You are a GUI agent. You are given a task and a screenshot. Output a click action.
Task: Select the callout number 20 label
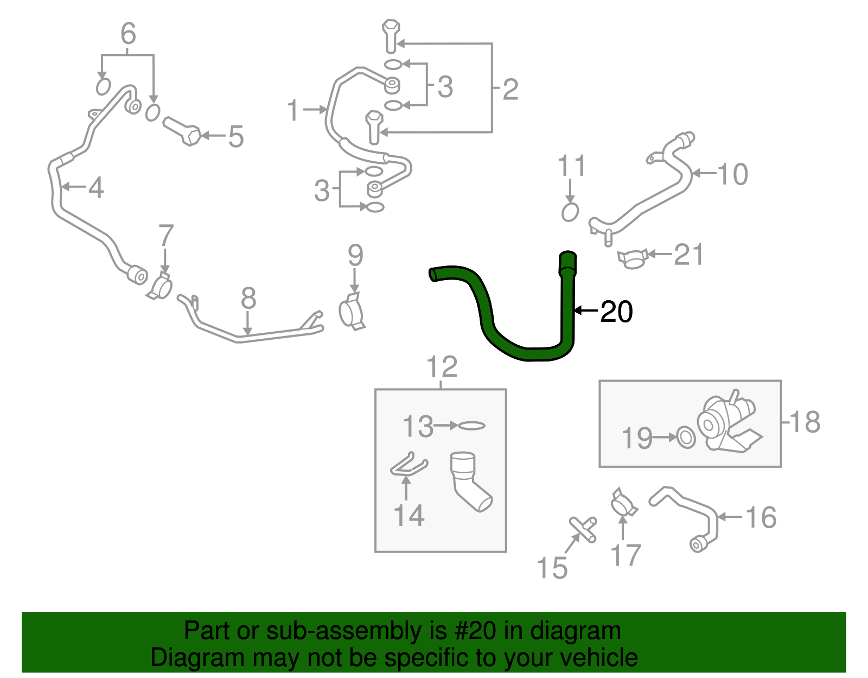(617, 312)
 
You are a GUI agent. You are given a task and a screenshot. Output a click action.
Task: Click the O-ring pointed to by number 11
(570, 212)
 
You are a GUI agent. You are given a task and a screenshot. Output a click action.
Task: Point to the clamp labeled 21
(633, 259)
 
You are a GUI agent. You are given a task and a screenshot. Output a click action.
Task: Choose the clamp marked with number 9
(352, 312)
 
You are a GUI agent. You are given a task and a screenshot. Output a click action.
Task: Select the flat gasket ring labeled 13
(471, 426)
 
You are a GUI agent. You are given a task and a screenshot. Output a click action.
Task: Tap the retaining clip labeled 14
(408, 465)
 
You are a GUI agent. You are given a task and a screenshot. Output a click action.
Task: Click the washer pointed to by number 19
(686, 437)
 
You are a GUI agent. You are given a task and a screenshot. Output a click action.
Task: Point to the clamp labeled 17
(623, 503)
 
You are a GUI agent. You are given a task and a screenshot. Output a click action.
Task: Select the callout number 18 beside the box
(805, 422)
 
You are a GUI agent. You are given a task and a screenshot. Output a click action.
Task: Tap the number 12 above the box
(442, 367)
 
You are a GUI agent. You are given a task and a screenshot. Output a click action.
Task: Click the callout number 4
(95, 188)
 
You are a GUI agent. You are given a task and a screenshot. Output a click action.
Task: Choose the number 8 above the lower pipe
(248, 298)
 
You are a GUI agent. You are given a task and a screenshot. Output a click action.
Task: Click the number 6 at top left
(128, 34)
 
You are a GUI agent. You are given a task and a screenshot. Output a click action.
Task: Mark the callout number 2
(510, 89)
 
